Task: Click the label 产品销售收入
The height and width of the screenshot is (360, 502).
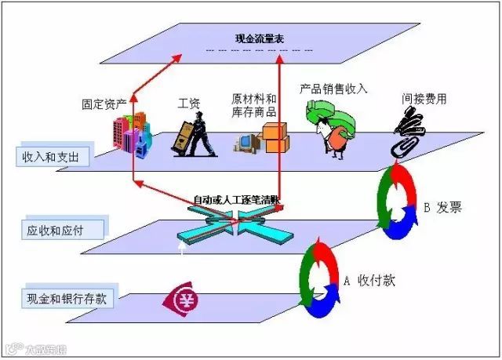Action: [333, 88]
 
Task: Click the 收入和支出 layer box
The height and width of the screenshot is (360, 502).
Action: [52, 156]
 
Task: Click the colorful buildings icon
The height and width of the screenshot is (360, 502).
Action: [130, 138]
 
